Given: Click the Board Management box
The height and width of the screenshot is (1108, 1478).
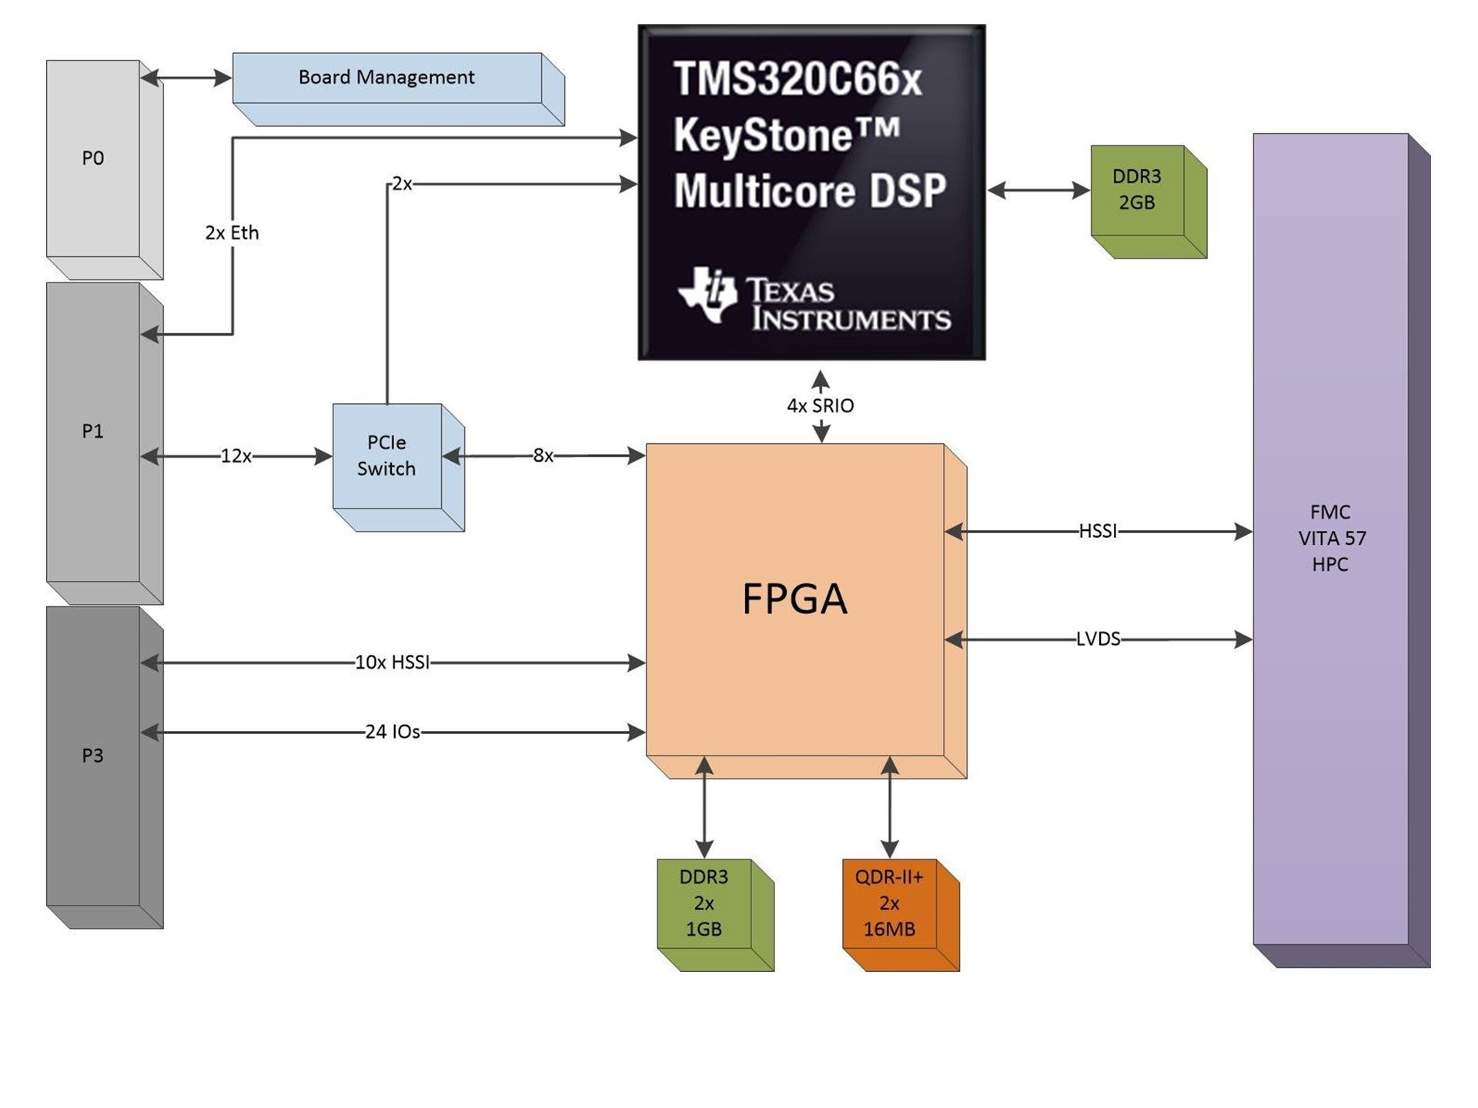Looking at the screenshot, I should (x=386, y=78).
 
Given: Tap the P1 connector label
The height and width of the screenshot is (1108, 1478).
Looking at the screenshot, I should (x=93, y=432).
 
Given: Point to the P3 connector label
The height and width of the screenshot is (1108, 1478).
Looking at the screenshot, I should (x=93, y=756).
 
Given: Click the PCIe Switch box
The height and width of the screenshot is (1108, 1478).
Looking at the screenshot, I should (x=386, y=456).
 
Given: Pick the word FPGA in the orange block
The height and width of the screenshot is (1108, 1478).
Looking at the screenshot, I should (x=794, y=599).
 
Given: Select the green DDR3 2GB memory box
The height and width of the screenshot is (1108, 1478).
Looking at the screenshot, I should (x=1137, y=190).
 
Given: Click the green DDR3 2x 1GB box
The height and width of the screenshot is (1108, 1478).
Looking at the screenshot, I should (x=704, y=903).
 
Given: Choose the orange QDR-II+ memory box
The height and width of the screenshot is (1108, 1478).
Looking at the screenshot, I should (x=889, y=903).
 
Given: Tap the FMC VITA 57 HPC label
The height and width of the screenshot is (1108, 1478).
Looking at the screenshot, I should (x=1331, y=539).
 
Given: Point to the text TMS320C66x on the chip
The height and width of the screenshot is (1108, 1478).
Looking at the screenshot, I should (x=798, y=79).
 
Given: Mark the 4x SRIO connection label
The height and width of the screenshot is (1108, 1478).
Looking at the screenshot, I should (x=821, y=406).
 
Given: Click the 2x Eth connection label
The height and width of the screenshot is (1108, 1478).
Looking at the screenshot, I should (x=232, y=233).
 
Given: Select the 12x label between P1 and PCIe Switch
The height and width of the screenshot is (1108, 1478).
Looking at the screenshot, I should (x=236, y=456).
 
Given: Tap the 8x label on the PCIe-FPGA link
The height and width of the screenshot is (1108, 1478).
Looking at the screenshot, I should (x=543, y=456).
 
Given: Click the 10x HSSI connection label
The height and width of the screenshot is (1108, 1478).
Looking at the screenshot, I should (x=393, y=662).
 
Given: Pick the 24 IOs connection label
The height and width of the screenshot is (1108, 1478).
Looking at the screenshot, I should (x=393, y=732).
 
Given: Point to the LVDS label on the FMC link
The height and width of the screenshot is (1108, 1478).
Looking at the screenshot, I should (x=1098, y=639).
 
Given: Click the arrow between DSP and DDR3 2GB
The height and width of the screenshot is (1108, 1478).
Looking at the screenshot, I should (x=1038, y=190).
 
